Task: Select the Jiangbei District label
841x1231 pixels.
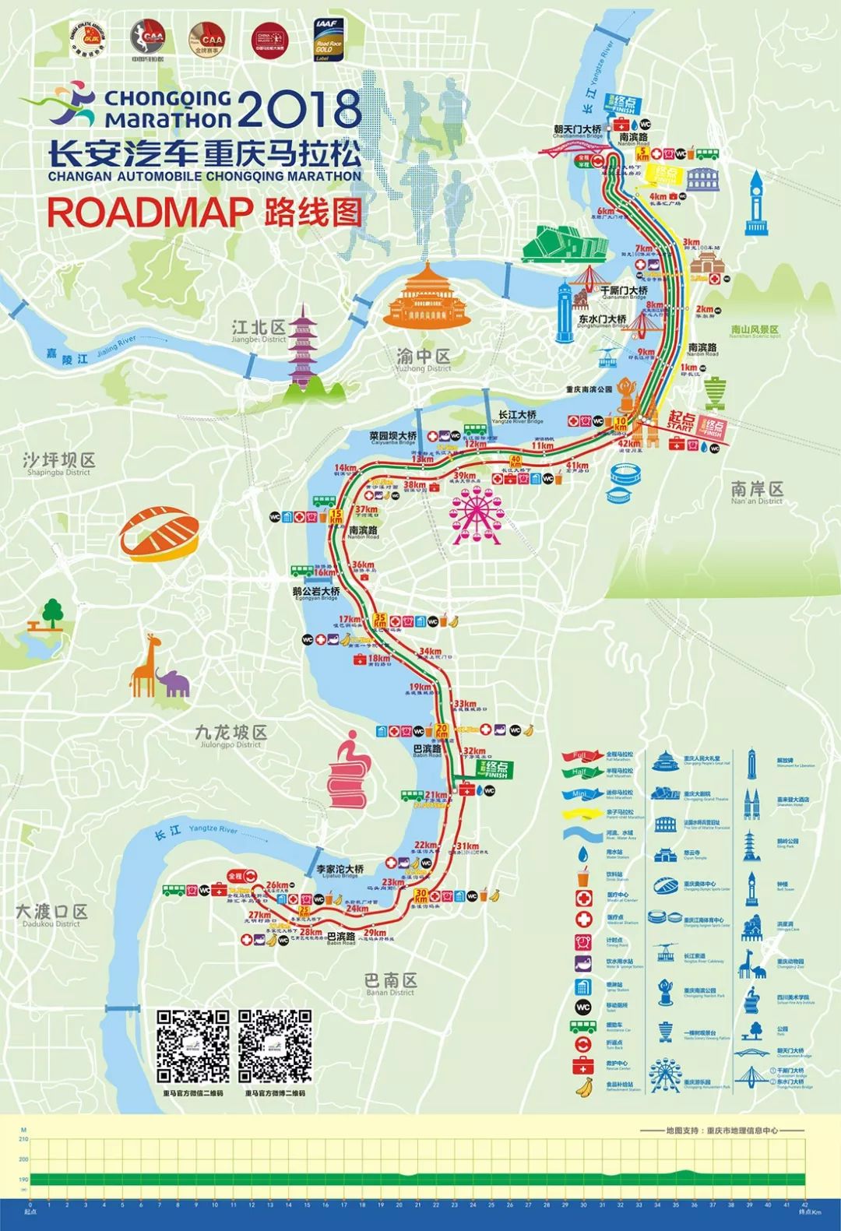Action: [x=259, y=330]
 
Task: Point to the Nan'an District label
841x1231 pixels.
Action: [x=757, y=492]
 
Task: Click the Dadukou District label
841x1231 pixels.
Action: [x=51, y=915]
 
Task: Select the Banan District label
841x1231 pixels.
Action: [x=391, y=983]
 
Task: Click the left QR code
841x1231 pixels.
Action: [x=193, y=1046]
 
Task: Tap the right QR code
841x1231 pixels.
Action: [x=275, y=1046]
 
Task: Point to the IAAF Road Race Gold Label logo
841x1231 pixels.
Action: [x=329, y=40]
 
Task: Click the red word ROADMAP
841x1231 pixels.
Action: [x=150, y=213]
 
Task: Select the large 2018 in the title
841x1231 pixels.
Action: [x=299, y=110]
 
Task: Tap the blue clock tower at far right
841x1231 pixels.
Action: [x=755, y=203]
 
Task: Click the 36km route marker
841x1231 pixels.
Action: [x=363, y=565]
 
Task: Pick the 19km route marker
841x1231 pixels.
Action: [x=420, y=687]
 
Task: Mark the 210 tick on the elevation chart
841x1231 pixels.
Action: [x=23, y=1139]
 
